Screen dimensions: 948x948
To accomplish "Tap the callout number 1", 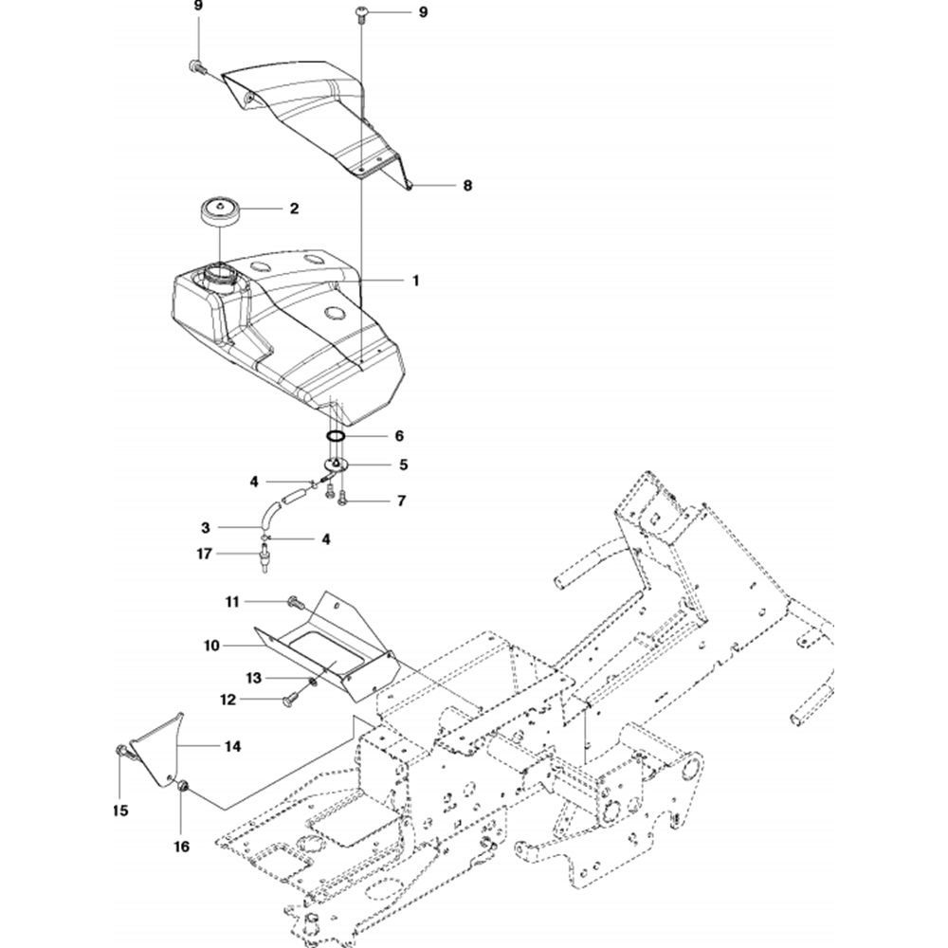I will (x=414, y=281).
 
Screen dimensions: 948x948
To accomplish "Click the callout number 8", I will (x=466, y=186).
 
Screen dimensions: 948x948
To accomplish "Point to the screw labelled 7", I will (x=343, y=498).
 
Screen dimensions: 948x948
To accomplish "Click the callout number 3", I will (x=205, y=526).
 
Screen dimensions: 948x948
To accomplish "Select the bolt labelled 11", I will (x=293, y=601).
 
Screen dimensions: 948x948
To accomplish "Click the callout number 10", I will (x=210, y=645).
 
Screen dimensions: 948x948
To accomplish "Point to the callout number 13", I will (x=253, y=678).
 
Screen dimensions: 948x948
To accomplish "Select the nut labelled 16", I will (x=183, y=785).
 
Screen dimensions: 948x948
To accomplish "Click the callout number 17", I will (x=205, y=554).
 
